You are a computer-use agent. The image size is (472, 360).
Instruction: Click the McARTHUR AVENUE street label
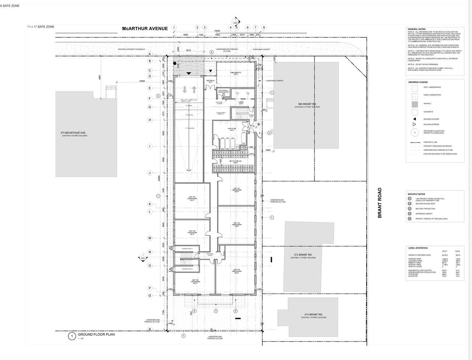point(145,28)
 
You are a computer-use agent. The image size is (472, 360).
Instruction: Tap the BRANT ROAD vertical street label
point(379,203)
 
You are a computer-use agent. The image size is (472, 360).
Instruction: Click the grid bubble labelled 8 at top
point(264,27)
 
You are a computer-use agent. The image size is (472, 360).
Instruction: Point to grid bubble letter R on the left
point(150,329)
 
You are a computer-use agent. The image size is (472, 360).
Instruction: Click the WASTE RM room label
point(232,129)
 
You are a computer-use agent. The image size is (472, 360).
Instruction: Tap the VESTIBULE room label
point(211,81)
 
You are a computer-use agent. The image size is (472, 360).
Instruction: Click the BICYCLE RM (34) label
point(235,161)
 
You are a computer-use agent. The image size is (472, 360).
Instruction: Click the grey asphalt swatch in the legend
point(414,104)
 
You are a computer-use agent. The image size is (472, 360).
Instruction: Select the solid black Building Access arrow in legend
point(414,119)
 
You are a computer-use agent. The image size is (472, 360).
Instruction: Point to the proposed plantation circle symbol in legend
point(415,132)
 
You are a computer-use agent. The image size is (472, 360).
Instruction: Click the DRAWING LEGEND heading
point(418,82)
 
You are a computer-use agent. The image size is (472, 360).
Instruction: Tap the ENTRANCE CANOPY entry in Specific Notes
point(424,214)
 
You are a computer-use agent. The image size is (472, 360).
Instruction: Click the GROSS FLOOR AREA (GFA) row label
point(418,255)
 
